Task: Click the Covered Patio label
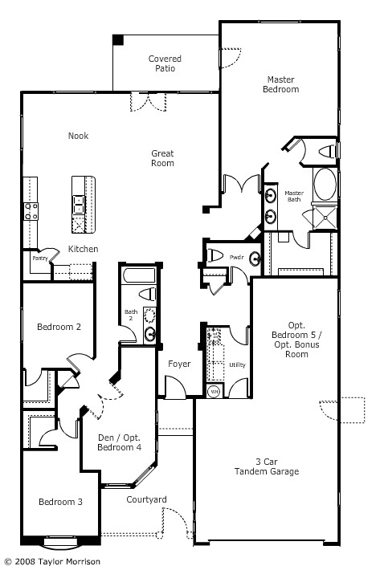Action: (x=165, y=63)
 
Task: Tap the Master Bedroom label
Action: (x=281, y=84)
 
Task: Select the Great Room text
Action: (x=162, y=158)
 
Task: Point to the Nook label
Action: (x=78, y=136)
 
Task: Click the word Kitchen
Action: (x=83, y=249)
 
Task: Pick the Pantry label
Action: (x=39, y=259)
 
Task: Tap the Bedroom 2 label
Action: (x=59, y=327)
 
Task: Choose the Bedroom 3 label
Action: (x=60, y=502)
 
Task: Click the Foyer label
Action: (x=179, y=364)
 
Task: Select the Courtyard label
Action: (x=146, y=500)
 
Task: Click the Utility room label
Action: (x=237, y=365)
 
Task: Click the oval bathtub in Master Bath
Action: (x=325, y=184)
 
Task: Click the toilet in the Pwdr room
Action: (x=214, y=255)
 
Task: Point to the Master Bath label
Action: (x=294, y=196)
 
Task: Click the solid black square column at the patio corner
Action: (x=117, y=39)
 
